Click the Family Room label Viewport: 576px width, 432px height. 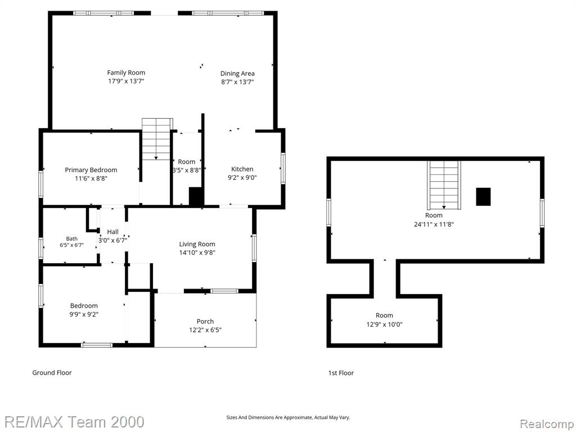[126, 73]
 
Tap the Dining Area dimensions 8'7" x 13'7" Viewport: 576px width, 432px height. [237, 82]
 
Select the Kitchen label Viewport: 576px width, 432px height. [242, 169]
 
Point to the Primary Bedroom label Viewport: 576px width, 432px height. [91, 170]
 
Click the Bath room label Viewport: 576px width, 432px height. [71, 238]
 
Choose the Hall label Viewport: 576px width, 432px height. [112, 232]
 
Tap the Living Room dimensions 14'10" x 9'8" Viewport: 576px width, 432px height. [197, 253]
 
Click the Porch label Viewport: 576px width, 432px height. [205, 321]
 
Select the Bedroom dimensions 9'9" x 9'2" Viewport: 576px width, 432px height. [84, 314]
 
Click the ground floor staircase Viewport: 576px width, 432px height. [157, 139]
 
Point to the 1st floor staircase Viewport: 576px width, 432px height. [444, 184]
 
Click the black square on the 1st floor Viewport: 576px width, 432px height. [483, 196]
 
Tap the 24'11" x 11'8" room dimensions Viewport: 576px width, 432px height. [434, 224]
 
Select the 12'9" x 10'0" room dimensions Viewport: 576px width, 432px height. [384, 325]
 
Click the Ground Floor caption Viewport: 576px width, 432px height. [52, 372]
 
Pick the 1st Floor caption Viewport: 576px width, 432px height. [341, 373]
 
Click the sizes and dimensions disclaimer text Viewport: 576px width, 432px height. [288, 417]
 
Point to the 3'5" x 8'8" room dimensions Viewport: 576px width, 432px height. [187, 170]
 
